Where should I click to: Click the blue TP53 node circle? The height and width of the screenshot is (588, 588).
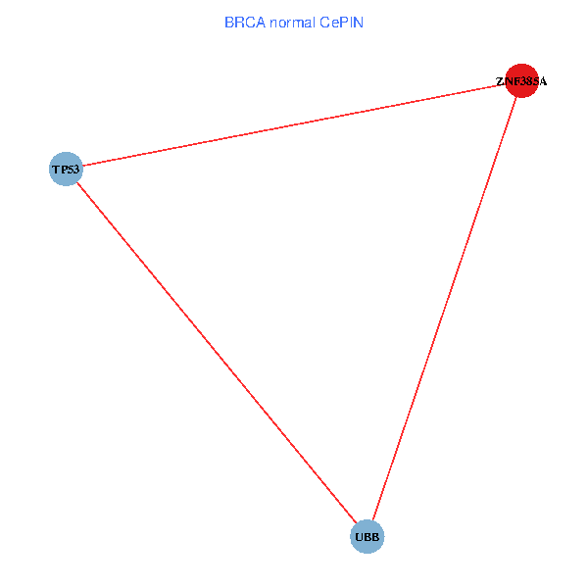pos(65,169)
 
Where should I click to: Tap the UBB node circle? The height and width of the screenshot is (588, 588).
pos(367,537)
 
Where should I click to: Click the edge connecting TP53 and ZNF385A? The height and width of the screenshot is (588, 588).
pos(294,124)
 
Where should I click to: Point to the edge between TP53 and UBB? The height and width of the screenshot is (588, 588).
pos(216,353)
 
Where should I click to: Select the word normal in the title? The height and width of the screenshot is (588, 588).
pos(293,22)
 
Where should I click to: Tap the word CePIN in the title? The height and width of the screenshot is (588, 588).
pos(341,22)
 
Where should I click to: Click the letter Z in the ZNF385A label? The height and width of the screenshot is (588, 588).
pos(499,81)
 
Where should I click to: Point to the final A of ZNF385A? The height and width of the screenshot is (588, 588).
pos(542,81)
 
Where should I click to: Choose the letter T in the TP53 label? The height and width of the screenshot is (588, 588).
pos(55,170)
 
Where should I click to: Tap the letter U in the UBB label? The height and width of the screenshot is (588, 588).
pos(358,538)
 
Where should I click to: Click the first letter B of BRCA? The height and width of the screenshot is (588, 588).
pos(229,22)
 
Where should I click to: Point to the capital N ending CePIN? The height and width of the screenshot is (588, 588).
pos(358,22)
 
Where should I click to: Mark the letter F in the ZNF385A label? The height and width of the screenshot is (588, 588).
pos(513,81)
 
